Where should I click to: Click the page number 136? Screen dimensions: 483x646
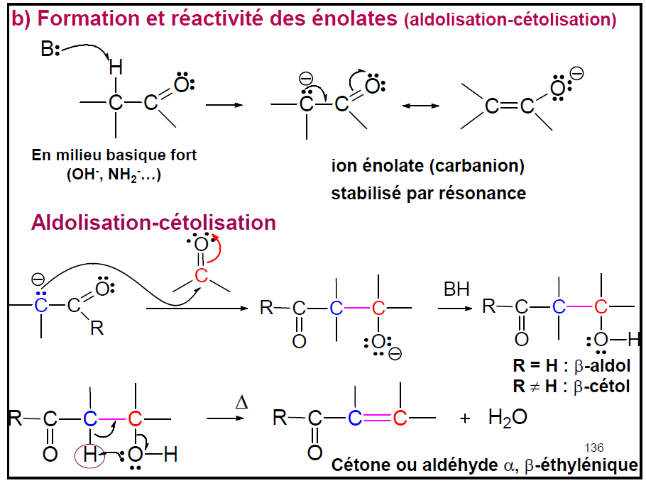coord(593,448)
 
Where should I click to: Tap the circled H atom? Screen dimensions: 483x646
coord(90,454)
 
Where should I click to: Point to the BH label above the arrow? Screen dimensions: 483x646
coord(456,289)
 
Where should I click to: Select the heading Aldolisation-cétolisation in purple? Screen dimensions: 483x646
coord(153,223)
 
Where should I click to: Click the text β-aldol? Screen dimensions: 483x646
coord(599,367)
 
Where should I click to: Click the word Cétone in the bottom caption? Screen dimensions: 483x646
coord(359,465)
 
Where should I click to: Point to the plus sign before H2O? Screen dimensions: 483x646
coord(465,418)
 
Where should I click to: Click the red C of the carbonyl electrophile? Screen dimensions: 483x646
coord(202,275)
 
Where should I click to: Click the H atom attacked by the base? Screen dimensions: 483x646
coord(115,67)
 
